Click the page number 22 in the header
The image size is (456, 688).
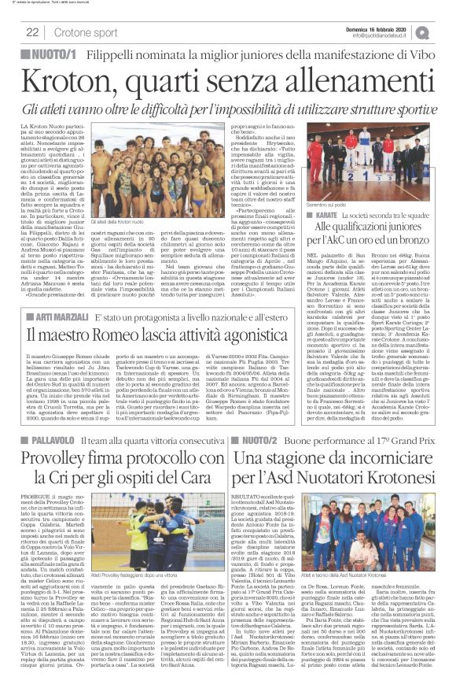(33, 31)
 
